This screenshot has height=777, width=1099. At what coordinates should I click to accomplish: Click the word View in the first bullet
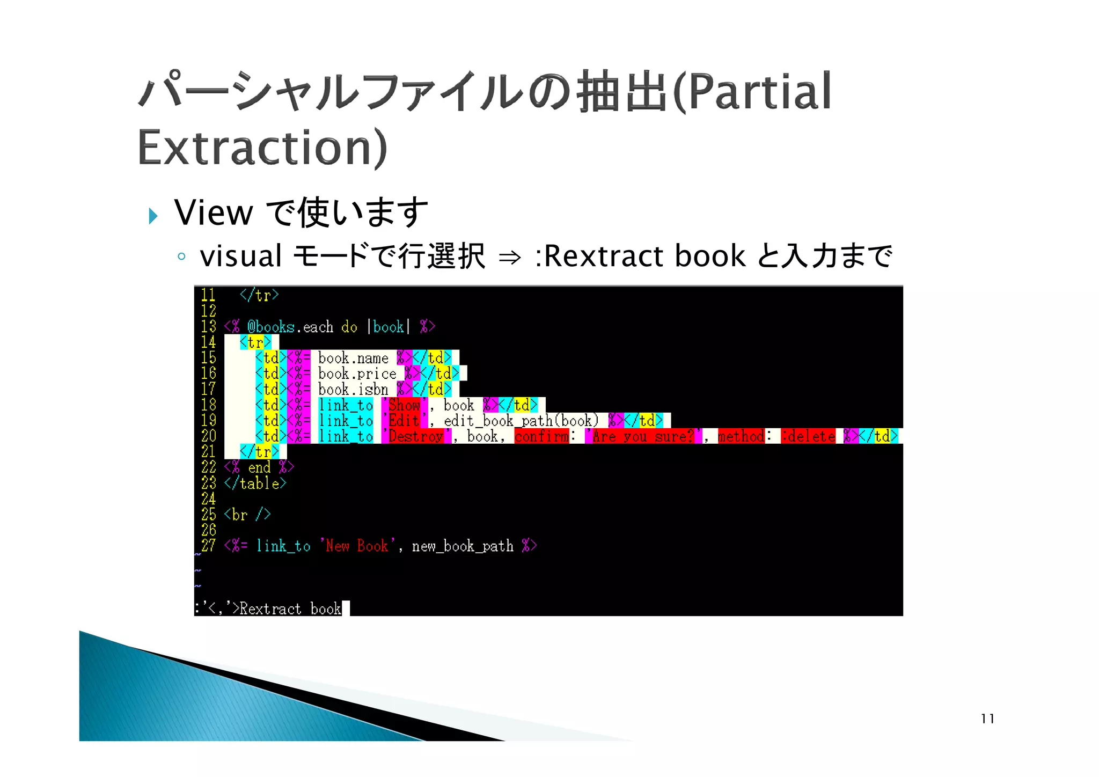point(213,212)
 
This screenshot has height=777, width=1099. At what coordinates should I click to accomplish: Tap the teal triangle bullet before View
point(153,216)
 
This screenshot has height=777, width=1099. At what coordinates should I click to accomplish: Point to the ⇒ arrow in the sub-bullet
point(509,258)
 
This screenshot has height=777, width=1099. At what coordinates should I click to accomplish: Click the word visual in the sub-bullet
point(240,256)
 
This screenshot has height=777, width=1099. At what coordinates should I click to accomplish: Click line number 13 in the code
point(208,326)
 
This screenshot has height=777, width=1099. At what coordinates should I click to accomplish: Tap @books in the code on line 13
point(270,327)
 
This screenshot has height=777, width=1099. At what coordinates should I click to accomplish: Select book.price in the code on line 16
point(357,373)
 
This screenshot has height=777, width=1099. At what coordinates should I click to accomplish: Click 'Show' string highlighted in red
point(404,405)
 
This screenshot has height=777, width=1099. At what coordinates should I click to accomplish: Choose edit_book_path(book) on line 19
point(521,421)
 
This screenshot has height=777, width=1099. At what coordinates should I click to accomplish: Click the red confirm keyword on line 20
point(541,436)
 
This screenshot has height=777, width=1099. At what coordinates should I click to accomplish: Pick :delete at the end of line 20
point(808,436)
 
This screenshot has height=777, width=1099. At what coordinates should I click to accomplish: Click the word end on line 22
point(259,467)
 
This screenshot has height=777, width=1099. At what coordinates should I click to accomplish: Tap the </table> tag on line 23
point(255,483)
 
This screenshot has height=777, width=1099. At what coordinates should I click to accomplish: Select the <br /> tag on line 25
point(247,515)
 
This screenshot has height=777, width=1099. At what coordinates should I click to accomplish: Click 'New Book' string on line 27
point(357,546)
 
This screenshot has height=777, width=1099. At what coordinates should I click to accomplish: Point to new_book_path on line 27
point(463,546)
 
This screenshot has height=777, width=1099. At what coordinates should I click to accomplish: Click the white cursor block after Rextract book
point(346,609)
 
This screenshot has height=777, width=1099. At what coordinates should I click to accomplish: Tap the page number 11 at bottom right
point(987,719)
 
